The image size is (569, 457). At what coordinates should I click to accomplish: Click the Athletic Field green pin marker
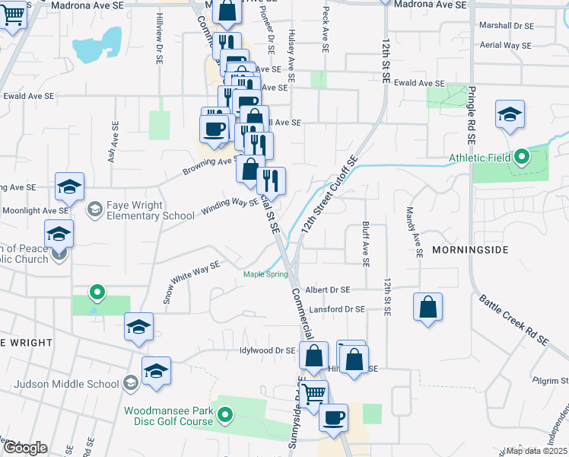click(521, 158)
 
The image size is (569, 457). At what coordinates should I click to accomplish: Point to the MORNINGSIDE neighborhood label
click(469, 249)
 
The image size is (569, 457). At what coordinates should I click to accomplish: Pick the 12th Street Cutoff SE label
click(329, 196)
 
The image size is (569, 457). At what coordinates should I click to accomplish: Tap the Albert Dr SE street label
click(328, 290)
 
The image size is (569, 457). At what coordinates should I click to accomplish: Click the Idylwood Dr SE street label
click(266, 350)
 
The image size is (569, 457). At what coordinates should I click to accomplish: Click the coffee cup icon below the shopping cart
click(333, 417)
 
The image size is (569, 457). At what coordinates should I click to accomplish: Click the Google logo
click(24, 448)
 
